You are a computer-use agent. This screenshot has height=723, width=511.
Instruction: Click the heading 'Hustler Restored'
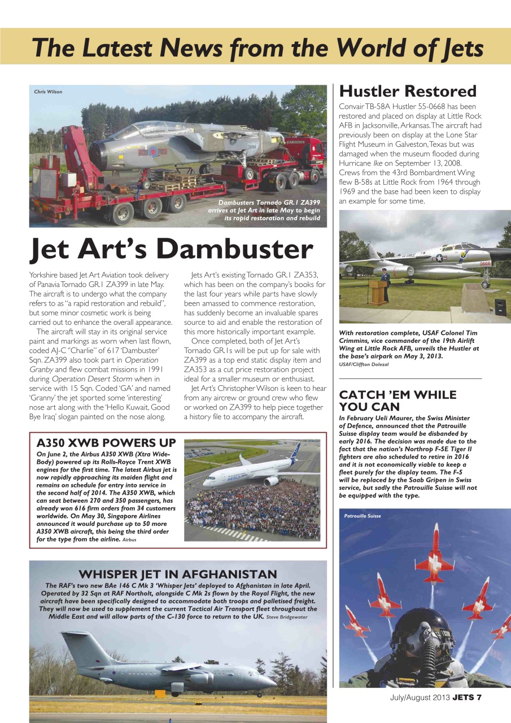[x=407, y=91]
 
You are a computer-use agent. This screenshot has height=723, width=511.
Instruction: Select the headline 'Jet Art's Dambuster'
[x=171, y=249]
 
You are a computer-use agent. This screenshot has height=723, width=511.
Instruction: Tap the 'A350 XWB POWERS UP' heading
[x=106, y=443]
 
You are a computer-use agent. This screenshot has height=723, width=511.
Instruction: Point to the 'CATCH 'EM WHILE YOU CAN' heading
[x=398, y=400]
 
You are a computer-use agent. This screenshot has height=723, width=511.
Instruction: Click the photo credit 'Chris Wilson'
[x=49, y=92]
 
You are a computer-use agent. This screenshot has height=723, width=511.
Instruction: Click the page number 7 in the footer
[x=478, y=697]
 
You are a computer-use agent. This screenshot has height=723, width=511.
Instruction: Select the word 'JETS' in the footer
[x=462, y=697]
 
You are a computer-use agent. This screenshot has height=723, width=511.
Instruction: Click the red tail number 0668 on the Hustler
[x=485, y=263]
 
